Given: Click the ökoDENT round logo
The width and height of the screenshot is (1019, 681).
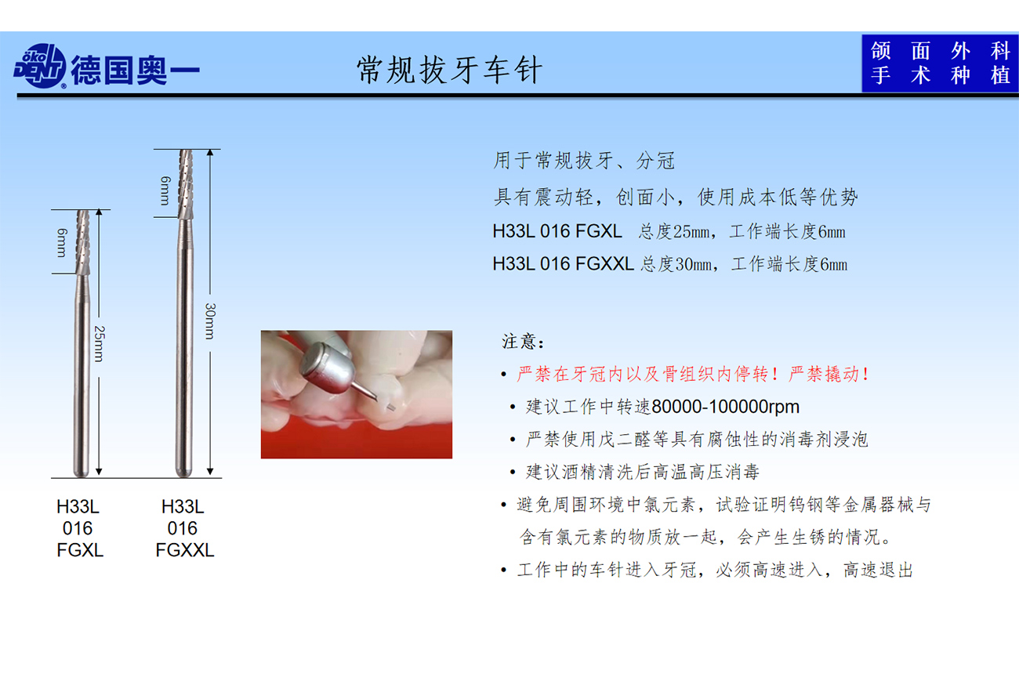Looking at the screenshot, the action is tap(40, 66).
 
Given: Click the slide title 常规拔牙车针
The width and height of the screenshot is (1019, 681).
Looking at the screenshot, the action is tap(449, 70).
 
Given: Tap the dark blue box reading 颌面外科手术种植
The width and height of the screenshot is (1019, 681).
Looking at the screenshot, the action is tap(940, 63).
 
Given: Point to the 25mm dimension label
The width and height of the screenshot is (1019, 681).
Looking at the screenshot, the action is tap(100, 344).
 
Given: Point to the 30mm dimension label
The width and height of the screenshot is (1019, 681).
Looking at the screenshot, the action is tap(210, 321).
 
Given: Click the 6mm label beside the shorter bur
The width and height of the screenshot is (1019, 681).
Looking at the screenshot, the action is tap(62, 242).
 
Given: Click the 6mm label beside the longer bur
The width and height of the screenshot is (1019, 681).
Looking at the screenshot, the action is tap(165, 190).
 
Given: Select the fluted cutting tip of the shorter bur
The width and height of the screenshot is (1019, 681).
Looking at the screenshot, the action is tap(83, 242).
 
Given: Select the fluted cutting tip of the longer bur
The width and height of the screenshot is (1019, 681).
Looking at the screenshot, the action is tap(186, 184).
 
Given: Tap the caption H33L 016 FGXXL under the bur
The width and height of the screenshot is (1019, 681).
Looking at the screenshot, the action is tap(184, 528).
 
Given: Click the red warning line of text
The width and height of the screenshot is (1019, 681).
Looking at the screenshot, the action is tap(693, 374).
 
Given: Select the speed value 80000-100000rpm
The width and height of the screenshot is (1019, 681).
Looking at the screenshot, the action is tap(725, 407).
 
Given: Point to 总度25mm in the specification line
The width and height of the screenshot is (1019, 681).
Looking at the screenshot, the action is tap(674, 231).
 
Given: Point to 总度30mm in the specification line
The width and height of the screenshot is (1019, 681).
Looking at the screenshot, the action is tap(676, 264).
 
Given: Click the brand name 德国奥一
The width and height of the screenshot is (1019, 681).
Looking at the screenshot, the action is tap(135, 71).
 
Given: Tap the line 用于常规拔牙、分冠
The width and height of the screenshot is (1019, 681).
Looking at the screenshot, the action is tap(584, 161).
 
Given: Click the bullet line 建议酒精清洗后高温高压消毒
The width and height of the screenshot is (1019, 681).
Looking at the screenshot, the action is tap(642, 473).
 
